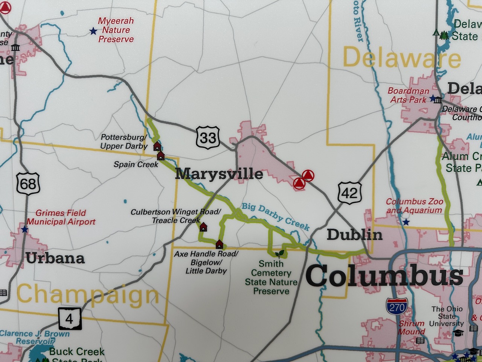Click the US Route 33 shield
tap(207, 138)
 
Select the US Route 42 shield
tap(349, 193)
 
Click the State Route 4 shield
tap(69, 319)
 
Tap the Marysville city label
tap(219, 174)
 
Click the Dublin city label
tap(354, 235)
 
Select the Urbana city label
tap(55, 258)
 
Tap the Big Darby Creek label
tap(275, 216)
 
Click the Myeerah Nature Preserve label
tap(116, 30)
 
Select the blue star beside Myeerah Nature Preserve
tap(93, 31)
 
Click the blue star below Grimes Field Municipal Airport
tap(24, 229)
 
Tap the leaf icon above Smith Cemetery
tap(279, 254)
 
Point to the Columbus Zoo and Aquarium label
tap(414, 206)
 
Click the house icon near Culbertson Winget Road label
tap(203, 227)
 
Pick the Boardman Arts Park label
tap(409, 95)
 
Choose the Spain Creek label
tap(136, 164)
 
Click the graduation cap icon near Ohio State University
tap(458, 333)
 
